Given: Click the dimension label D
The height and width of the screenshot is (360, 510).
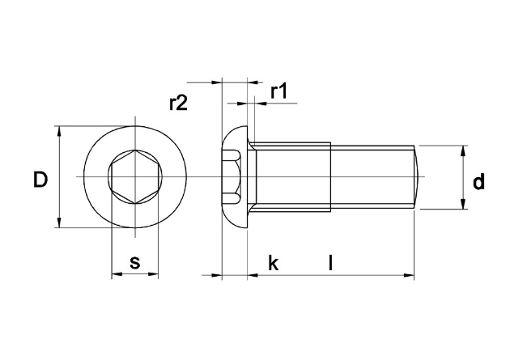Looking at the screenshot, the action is [x=40, y=180].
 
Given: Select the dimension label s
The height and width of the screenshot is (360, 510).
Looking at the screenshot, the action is [x=134, y=262].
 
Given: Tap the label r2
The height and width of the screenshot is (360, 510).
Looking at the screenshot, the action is [x=178, y=104].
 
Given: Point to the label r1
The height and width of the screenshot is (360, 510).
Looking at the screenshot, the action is [x=278, y=91].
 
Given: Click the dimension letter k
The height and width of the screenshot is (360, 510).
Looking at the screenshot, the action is [x=274, y=263].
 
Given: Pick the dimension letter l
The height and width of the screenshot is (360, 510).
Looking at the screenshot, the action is [x=330, y=263].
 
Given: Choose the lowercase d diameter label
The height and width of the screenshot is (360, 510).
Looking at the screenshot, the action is [x=478, y=181].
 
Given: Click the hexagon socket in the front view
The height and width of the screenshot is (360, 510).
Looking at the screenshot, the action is [x=135, y=176].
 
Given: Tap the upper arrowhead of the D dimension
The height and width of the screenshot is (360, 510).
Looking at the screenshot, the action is [x=59, y=132].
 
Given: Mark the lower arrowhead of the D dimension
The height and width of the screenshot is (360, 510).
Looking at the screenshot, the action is [x=59, y=222].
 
